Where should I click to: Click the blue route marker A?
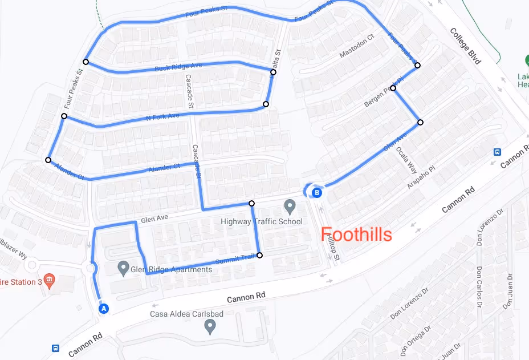[x=104, y=308]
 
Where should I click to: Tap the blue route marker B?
[x=317, y=193]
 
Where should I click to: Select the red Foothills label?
[x=356, y=234]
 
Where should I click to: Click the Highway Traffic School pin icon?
[x=290, y=205]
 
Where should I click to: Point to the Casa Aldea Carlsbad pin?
[x=210, y=326]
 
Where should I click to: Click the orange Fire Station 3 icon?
[x=50, y=280]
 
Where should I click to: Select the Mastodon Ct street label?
[x=356, y=46]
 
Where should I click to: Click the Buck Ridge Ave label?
[x=178, y=67]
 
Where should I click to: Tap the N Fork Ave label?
[x=162, y=116]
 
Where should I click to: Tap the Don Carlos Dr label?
[x=480, y=280]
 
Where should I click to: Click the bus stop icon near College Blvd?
[x=498, y=152]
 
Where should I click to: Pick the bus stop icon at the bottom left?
[x=56, y=348]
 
